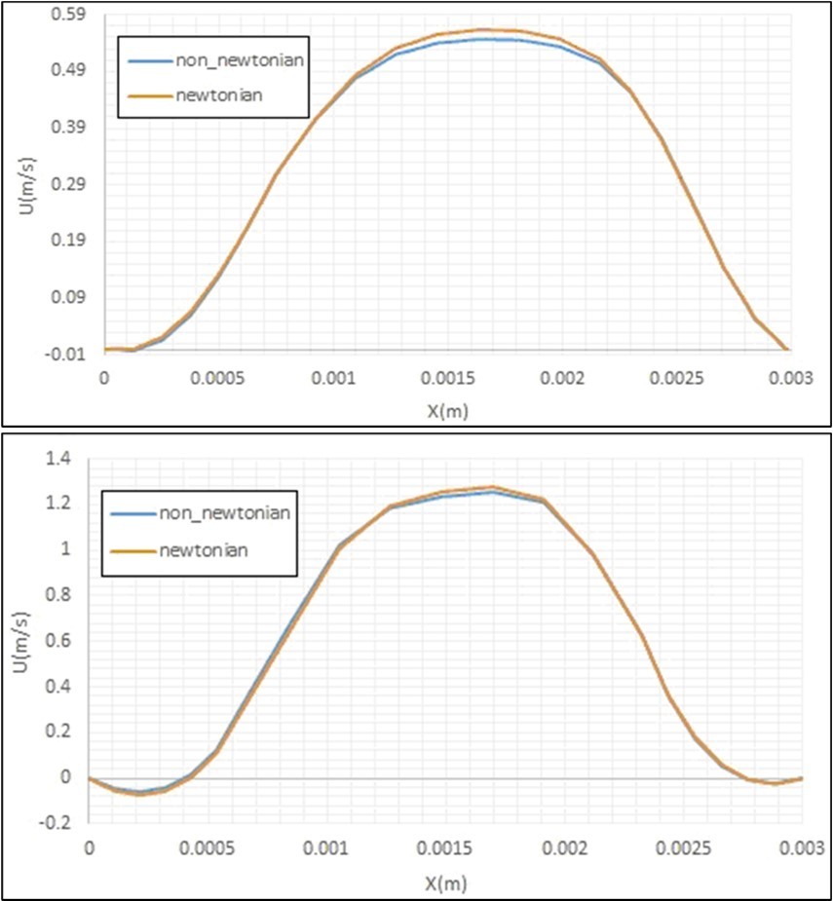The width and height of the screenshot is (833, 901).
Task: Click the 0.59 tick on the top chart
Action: coord(75,15)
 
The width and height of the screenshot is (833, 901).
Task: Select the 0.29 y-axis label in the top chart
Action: coord(75,183)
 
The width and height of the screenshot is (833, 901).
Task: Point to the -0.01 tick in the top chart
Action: coord(73,353)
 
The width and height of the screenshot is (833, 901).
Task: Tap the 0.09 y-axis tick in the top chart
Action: coord(75,296)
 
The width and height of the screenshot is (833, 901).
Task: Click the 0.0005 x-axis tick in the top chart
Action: coord(217,378)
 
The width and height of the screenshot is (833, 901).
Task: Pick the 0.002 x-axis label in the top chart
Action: coord(560,378)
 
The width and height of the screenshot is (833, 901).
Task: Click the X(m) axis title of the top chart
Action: coord(447,410)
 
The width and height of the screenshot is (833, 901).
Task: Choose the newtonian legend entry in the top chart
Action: coord(219,94)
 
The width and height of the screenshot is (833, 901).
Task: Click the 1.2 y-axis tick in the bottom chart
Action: coord(63,504)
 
